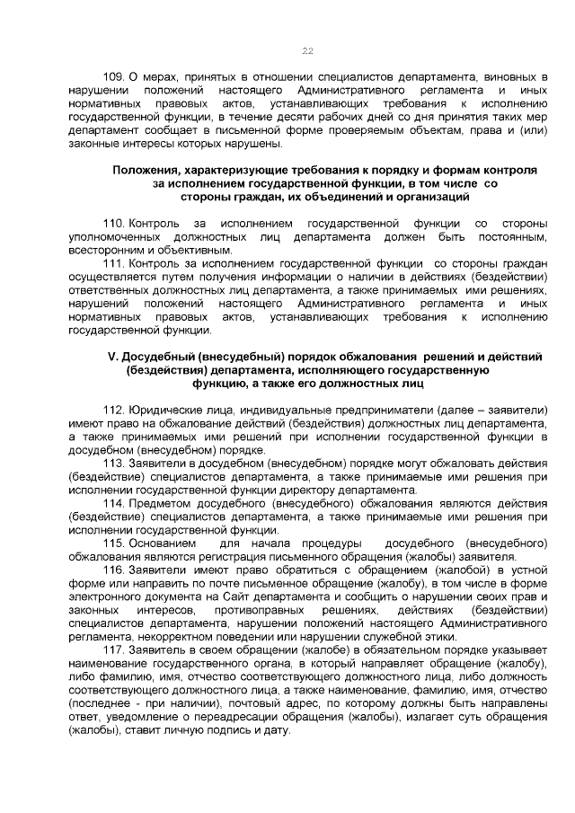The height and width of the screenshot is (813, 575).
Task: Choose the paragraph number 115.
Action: pyautogui.click(x=114, y=543)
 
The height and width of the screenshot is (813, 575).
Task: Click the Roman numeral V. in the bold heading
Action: pyautogui.click(x=112, y=356)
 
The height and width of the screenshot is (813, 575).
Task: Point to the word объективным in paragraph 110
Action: pyautogui.click(x=186, y=250)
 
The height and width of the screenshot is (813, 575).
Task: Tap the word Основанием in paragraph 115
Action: pyautogui.click(x=162, y=543)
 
